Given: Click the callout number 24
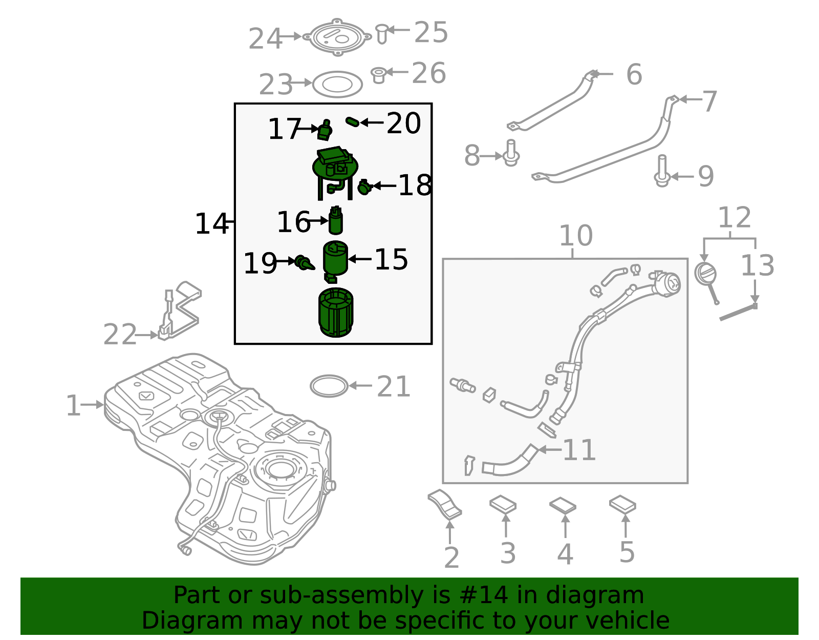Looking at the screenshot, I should (265, 39).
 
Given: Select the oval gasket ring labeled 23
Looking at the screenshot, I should (337, 85).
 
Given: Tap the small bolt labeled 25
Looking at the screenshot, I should (381, 33).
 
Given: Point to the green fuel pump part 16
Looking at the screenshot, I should (336, 221).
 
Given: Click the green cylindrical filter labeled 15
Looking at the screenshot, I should (335, 258).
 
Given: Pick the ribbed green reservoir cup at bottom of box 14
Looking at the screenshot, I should (336, 313).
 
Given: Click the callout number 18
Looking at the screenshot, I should (415, 185).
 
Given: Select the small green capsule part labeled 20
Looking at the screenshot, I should (352, 121).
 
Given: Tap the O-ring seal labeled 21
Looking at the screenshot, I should (329, 386).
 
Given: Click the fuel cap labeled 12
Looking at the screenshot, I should (705, 274).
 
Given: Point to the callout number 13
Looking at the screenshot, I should (757, 265).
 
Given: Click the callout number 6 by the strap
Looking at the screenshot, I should (634, 75).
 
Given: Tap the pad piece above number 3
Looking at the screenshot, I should (503, 504).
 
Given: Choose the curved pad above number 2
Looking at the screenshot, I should (445, 504).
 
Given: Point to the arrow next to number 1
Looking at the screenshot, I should (93, 405).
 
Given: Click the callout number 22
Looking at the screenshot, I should (120, 335).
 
